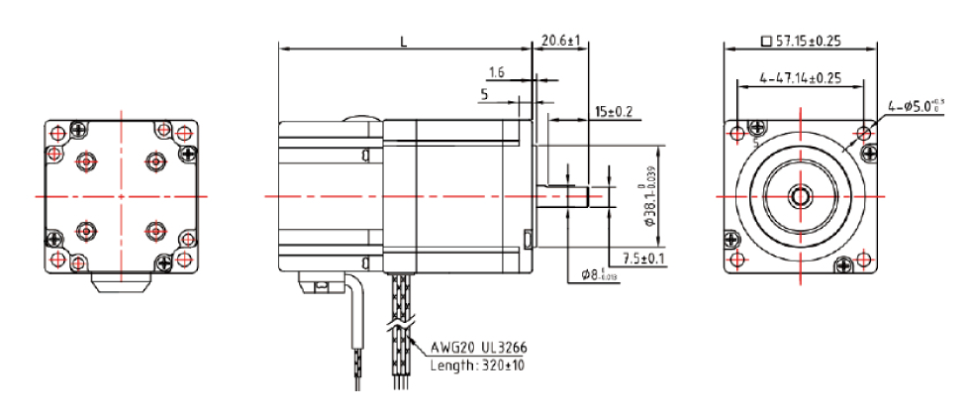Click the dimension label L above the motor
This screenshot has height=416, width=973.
(x=403, y=41)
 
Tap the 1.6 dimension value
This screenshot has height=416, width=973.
(x=497, y=72)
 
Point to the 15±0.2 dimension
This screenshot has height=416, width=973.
(x=614, y=110)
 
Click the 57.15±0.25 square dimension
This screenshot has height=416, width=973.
(x=800, y=42)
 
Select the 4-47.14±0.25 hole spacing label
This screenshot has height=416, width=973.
(x=800, y=76)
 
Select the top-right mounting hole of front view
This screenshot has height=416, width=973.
(x=866, y=132)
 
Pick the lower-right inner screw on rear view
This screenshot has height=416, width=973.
(x=153, y=231)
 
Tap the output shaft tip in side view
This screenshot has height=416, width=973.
(x=598, y=196)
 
